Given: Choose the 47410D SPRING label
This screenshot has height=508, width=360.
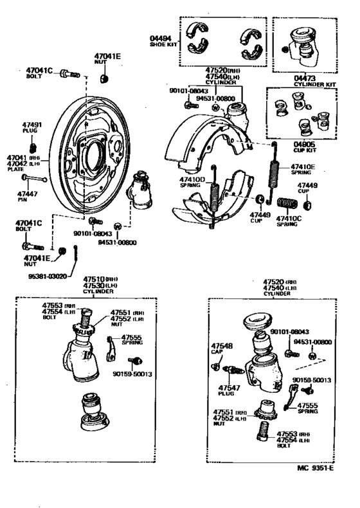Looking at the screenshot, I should click(x=192, y=180).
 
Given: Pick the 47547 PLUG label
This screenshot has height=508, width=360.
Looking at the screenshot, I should click(x=228, y=389).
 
